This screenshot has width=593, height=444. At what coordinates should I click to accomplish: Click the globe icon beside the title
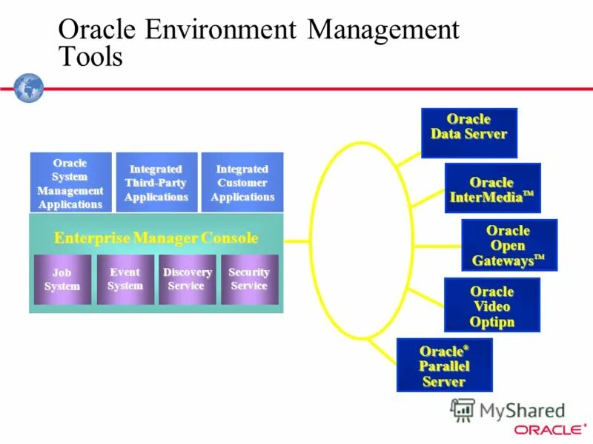[29, 87]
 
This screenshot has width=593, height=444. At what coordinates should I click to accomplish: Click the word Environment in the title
[222, 30]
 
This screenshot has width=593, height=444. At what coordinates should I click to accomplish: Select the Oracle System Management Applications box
[70, 183]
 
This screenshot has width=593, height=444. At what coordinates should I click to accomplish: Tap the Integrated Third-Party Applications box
[156, 183]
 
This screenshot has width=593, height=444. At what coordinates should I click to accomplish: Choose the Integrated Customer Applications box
[242, 183]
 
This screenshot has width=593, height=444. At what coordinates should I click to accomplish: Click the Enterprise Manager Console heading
[156, 238]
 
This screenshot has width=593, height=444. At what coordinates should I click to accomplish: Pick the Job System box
[62, 280]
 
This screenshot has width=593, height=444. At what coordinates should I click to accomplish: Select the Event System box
[125, 280]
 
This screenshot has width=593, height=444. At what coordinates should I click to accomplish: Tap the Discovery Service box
[188, 280]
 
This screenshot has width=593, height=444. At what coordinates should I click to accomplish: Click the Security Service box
[249, 280]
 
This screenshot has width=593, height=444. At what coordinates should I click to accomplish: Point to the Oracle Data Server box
[468, 133]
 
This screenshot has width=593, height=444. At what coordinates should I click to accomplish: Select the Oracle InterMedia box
[492, 189]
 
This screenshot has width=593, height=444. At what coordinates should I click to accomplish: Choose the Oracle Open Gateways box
[508, 246]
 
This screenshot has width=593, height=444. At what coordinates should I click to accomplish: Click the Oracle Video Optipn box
[491, 305]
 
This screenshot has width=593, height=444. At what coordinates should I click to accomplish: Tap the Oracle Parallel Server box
[444, 365]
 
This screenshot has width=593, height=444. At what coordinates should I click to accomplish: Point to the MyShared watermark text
[519, 411]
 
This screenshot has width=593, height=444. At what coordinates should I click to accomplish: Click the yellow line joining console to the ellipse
[296, 240]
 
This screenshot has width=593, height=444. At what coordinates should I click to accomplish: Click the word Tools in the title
[90, 57]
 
